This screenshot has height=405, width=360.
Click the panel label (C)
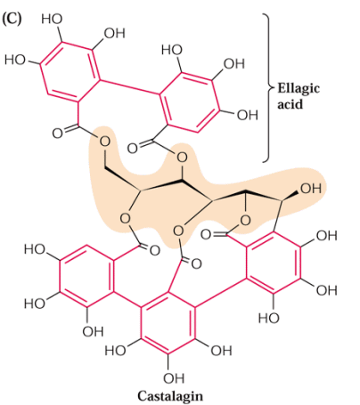pos(12,19)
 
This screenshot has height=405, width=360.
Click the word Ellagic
pos(299,89)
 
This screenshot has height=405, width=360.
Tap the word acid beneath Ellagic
pos(290,104)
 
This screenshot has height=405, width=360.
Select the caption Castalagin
pos(170,396)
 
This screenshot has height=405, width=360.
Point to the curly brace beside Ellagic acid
pos(268,88)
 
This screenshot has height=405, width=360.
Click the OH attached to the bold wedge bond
pos(311,189)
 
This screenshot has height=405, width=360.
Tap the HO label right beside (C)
pos(52,19)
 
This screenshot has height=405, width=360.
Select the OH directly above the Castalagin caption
pos(174,378)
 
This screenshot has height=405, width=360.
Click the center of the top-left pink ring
pos(70,72)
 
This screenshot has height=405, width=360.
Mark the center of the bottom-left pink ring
pos(86,276)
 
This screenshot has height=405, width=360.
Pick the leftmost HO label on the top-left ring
pos(15,60)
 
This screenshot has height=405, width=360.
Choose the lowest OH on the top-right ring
pos(247,115)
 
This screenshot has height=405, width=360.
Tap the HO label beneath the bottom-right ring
pos(268,318)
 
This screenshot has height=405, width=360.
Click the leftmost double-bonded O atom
pos(58,134)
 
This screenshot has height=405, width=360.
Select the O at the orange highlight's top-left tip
pos(104,142)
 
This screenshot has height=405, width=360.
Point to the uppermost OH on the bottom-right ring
pos(326,236)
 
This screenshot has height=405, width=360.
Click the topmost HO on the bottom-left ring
pos(35,249)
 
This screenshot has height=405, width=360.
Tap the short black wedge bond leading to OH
pos(290,197)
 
